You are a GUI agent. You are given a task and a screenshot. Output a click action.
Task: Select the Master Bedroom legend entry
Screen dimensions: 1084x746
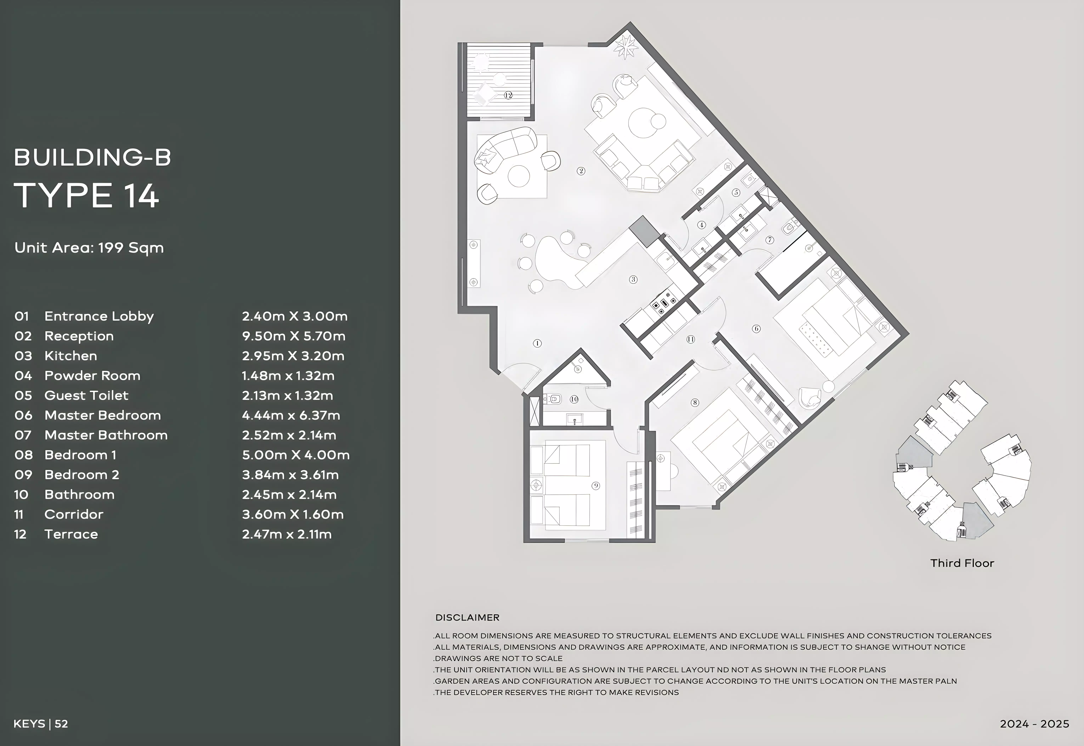point(102,415)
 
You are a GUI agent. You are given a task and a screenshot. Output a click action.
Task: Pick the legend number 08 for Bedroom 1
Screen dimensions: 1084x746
point(23,455)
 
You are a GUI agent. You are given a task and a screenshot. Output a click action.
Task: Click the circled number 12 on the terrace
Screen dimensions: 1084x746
point(509,95)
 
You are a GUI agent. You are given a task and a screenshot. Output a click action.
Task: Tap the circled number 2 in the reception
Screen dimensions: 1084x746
point(581,171)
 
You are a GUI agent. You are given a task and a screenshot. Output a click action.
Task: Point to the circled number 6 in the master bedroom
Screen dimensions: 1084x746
point(756,329)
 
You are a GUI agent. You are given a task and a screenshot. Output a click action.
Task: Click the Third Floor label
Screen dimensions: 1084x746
point(962,563)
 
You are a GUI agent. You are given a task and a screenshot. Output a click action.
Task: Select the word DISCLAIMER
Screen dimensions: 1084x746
point(467,618)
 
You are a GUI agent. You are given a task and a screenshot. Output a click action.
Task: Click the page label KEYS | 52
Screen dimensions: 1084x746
point(41,724)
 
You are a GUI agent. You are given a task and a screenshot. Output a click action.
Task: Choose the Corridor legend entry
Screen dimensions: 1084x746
point(74,514)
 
